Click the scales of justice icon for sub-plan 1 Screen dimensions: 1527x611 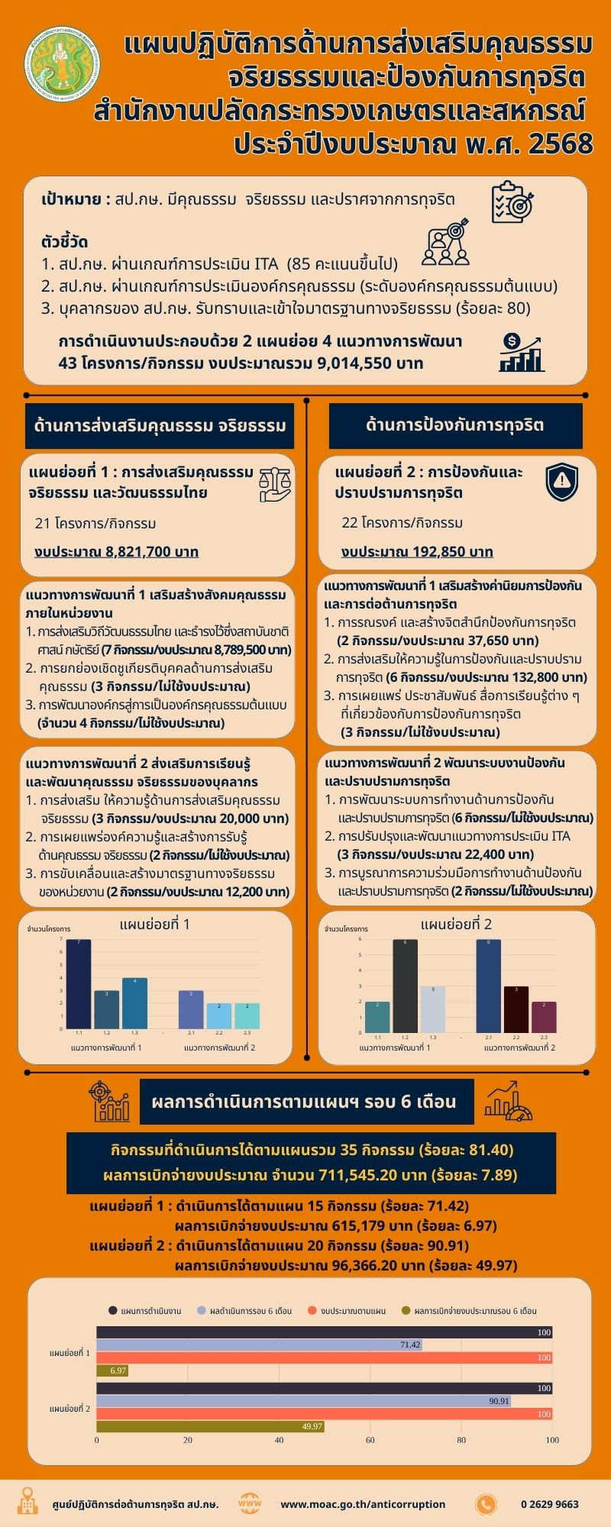click(274, 483)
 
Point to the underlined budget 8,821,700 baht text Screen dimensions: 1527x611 click(117, 551)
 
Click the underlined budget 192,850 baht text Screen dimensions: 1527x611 click(417, 551)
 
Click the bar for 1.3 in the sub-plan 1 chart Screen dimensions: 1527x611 click(134, 1002)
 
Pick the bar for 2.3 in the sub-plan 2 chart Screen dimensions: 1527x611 click(544, 1016)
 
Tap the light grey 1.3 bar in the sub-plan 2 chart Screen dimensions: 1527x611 click(432, 1009)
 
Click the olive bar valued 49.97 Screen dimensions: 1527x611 click(210, 1426)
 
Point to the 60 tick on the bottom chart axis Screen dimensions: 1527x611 click(370, 1440)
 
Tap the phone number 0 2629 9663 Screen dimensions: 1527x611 click(549, 1504)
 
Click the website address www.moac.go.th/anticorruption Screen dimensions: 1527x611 click(363, 1504)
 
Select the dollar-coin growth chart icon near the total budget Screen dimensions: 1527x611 click(522, 352)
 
